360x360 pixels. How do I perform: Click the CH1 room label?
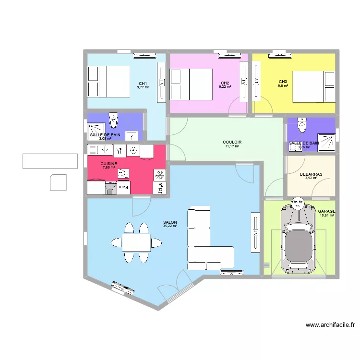click(143, 83)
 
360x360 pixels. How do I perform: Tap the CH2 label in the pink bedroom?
click(225, 83)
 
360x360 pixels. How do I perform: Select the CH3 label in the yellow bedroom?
click(283, 81)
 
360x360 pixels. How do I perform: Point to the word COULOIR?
click(232, 142)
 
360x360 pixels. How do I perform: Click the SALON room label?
click(170, 222)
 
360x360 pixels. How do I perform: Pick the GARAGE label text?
click(326, 211)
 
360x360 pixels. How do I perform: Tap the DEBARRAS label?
click(311, 175)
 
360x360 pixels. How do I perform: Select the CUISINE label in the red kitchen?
click(109, 164)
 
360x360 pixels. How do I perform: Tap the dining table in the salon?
click(135, 242)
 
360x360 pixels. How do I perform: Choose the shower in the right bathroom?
click(328, 142)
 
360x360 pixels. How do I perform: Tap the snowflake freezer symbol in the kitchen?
click(159, 174)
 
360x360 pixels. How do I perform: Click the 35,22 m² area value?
click(170, 226)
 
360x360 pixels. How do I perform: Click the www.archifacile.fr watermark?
click(330, 325)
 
